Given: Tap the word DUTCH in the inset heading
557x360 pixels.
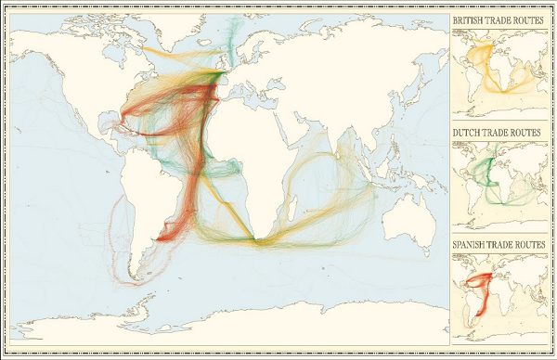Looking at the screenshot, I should pos(468,133).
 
